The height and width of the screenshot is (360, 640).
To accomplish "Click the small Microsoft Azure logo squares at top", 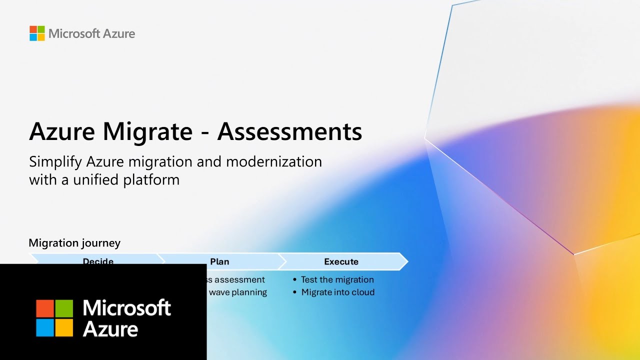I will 37,33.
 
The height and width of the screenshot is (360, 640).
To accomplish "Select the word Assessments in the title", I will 289,132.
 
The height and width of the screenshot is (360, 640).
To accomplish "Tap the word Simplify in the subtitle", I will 55,162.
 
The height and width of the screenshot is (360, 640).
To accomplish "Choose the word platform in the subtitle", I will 151,179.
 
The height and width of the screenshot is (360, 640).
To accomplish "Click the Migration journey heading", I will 74,243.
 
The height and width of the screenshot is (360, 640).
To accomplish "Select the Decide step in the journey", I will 98,261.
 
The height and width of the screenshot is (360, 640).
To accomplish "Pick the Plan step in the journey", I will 219,261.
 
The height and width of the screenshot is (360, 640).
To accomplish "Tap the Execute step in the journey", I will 341,261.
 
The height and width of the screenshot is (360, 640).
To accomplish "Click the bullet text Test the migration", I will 337,279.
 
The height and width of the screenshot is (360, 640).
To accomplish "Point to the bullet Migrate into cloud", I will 337,292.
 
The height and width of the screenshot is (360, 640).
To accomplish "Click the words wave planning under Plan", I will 237,292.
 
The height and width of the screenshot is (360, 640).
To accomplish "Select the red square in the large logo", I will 45,308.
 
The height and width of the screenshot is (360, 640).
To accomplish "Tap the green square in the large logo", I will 64,308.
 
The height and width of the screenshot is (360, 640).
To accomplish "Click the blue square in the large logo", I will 45,327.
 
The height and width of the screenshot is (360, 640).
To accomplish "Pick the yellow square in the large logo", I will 64,327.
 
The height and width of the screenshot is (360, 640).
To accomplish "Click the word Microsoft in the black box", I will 126,307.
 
